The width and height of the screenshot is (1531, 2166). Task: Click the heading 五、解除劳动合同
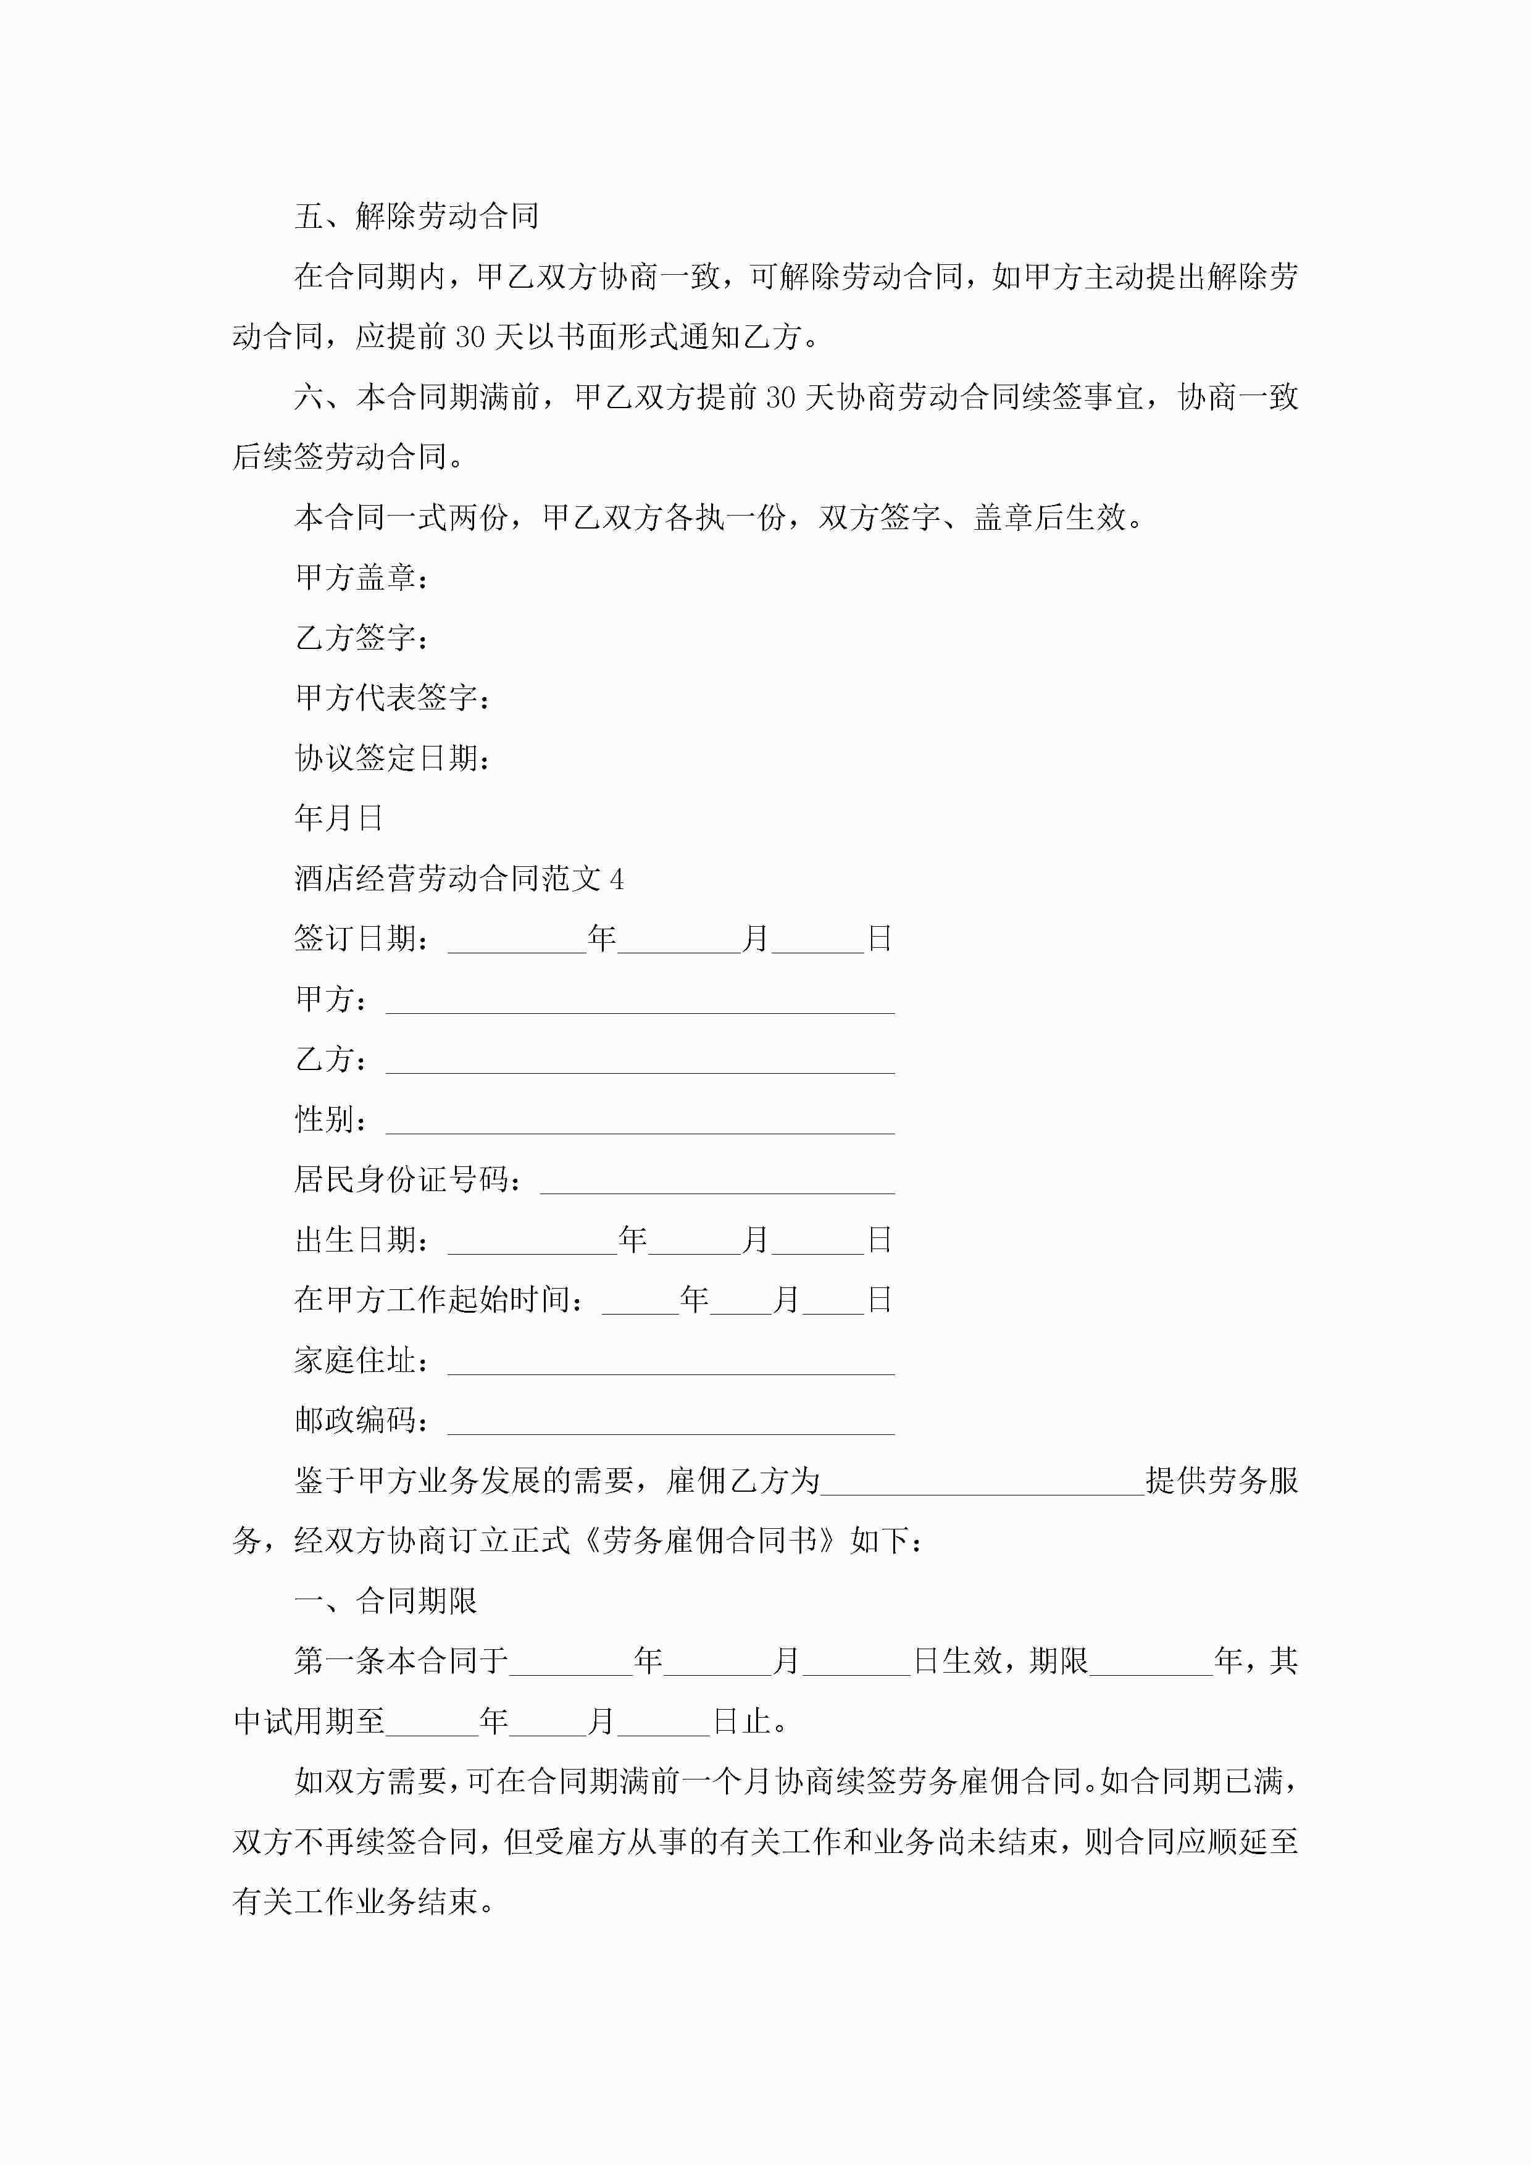tap(416, 217)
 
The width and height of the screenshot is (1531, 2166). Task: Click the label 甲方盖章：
tap(362, 577)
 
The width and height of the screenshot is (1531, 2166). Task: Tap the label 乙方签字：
tap(362, 638)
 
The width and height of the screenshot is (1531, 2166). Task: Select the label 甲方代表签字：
tap(393, 698)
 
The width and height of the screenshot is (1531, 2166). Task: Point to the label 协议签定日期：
tap(393, 758)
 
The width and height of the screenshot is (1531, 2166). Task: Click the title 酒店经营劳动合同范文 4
tap(459, 879)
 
